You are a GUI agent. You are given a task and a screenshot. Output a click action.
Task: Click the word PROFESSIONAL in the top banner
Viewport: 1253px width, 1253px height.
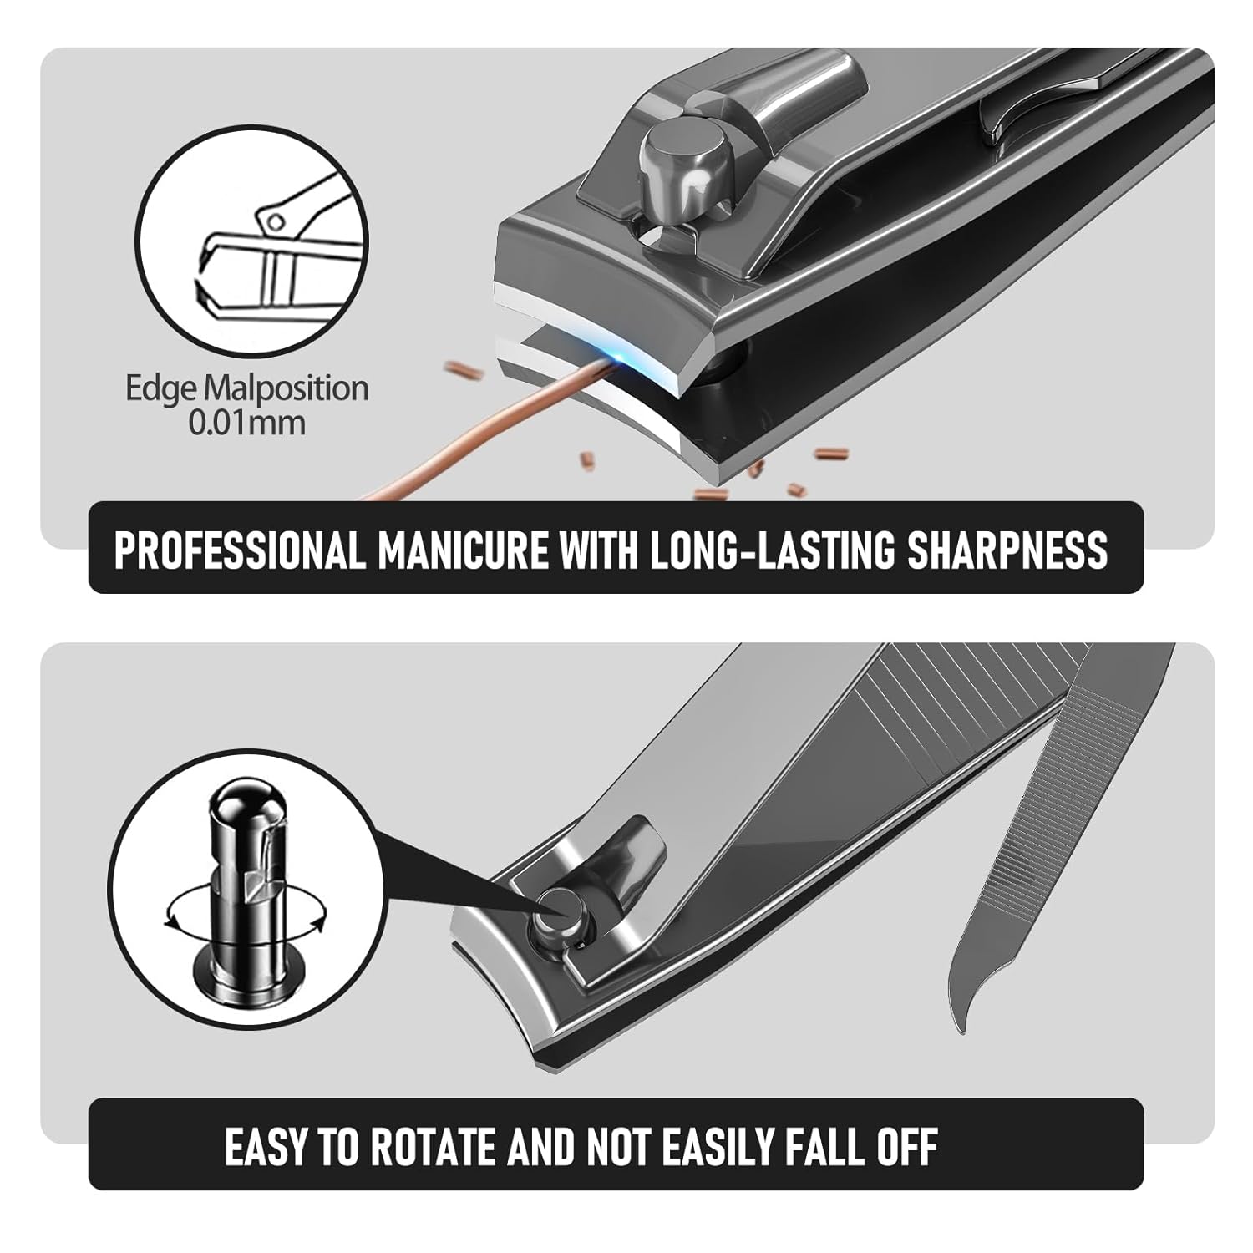tap(240, 550)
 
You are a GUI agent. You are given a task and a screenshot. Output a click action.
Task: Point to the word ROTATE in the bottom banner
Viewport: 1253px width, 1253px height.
tap(434, 1146)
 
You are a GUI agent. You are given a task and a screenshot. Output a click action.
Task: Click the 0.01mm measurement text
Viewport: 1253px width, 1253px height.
tap(246, 422)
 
